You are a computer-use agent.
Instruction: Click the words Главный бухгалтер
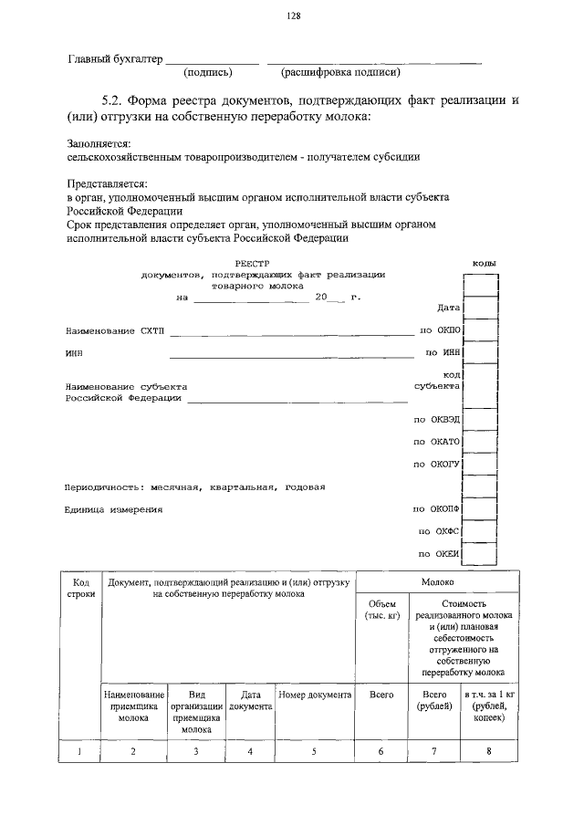[114, 59]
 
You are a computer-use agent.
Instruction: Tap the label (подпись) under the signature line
[209, 72]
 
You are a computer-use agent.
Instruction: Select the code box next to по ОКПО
[480, 329]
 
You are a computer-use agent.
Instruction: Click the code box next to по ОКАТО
[480, 442]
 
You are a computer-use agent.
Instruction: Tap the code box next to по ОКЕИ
[480, 554]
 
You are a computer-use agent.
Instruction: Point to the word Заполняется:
[99, 143]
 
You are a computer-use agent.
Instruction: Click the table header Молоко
[437, 580]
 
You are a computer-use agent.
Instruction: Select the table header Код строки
[80, 587]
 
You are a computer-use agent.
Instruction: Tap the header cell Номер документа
[315, 695]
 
